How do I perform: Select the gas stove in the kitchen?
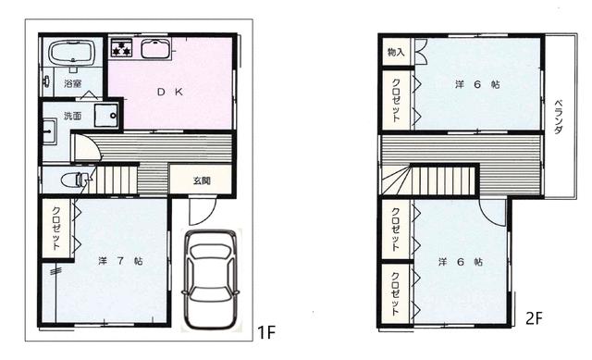pos(122,49)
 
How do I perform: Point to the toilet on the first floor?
pos(73,178)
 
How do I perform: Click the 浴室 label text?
pos(72,84)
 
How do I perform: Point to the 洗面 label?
pos(72,116)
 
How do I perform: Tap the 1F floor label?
pos(266,330)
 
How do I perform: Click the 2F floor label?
pos(532,318)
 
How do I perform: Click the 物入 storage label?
pos(396,53)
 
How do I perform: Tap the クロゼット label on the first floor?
pos(55,228)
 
